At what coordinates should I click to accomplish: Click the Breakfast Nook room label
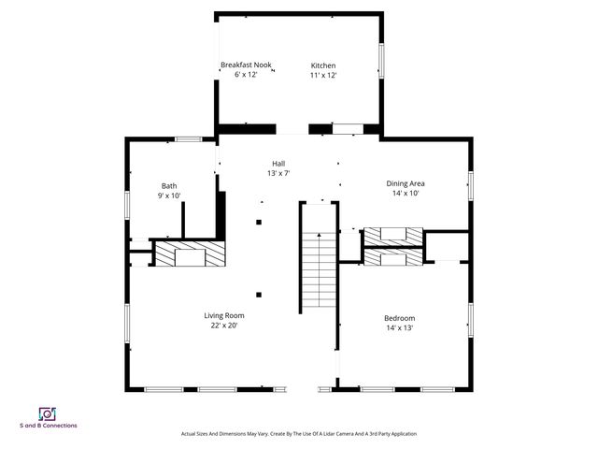click(246, 65)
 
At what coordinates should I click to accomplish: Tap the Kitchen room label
click(323, 65)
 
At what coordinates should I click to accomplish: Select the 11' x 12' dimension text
click(323, 76)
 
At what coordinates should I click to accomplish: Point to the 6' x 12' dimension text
click(246, 75)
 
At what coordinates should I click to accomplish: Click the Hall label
click(278, 163)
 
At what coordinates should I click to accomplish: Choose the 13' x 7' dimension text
click(278, 173)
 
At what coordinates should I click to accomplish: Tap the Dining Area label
click(406, 183)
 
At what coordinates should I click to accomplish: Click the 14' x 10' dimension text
click(406, 194)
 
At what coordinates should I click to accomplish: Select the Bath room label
click(169, 185)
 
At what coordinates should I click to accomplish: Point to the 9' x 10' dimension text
click(169, 196)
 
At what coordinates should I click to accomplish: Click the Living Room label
click(224, 315)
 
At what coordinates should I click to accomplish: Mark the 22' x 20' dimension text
click(224, 326)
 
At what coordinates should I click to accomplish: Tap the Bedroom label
click(400, 318)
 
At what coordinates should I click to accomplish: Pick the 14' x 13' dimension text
click(400, 328)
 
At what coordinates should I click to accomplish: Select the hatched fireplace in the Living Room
click(190, 253)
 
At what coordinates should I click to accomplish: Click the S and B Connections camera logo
click(46, 413)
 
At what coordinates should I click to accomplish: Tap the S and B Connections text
click(49, 426)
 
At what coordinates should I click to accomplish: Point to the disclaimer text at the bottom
click(298, 434)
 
